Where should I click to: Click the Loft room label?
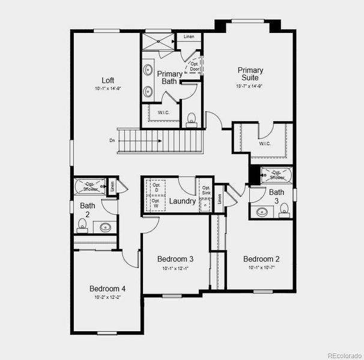pyautogui.click(x=108, y=80)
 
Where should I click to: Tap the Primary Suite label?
pyautogui.click(x=250, y=74)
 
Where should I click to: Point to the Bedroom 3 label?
pyautogui.click(x=175, y=259)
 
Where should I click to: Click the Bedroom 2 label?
pyautogui.click(x=261, y=259)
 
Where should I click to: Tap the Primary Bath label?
pyautogui.click(x=169, y=77)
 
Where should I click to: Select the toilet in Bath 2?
pyautogui.click(x=83, y=226)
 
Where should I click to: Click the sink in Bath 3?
pyautogui.click(x=262, y=211)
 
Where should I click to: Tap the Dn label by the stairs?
pyautogui.click(x=112, y=141)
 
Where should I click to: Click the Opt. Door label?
pyautogui.click(x=195, y=66)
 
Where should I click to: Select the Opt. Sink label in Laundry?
pyautogui.click(x=206, y=190)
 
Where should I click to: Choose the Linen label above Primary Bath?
pyautogui.click(x=189, y=37)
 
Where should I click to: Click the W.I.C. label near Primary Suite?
pyautogui.click(x=265, y=143)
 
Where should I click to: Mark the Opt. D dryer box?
pyautogui.click(x=156, y=188)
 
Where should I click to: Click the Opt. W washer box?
pyautogui.click(x=156, y=204)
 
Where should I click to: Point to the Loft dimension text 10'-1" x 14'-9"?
pyautogui.click(x=108, y=89)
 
